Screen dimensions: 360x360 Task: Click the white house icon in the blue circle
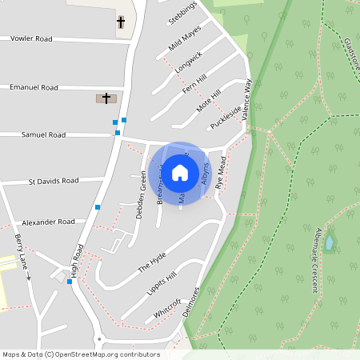(180, 172)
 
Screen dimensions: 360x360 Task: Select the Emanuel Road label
(34, 87)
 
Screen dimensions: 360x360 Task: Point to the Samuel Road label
(43, 135)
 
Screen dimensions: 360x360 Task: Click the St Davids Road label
(54, 182)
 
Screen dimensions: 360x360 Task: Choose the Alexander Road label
(49, 222)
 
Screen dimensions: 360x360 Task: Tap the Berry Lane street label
(21, 251)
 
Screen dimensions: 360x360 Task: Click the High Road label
(78, 259)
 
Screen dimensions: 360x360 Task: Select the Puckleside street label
(225, 118)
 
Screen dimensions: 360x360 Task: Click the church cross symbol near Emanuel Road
(105, 98)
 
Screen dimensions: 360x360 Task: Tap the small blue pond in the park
(329, 240)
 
